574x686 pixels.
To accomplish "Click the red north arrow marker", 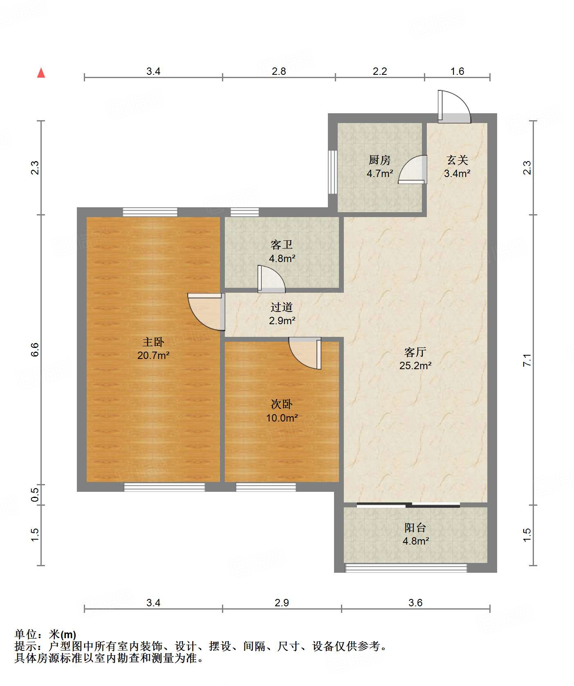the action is click(41, 73).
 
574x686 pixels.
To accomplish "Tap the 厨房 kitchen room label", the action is click(380, 160).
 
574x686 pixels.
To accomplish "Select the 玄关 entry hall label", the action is click(457, 160).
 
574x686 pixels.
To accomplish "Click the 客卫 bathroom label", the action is click(282, 245).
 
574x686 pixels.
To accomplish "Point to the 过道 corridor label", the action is click(282, 307).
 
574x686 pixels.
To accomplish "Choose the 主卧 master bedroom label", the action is click(153, 342).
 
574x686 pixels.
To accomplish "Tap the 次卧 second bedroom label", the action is click(282, 404).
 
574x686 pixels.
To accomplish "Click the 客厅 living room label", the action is click(415, 352).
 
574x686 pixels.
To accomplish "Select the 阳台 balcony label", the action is click(415, 527).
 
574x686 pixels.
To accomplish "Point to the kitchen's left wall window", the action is click(333, 172).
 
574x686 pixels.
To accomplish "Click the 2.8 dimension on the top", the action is click(279, 71).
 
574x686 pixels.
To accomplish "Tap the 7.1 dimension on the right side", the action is click(527, 360).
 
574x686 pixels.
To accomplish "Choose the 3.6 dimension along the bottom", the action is click(415, 603).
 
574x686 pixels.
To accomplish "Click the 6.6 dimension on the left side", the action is click(35, 350).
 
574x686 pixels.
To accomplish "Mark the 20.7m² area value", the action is click(153, 355).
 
